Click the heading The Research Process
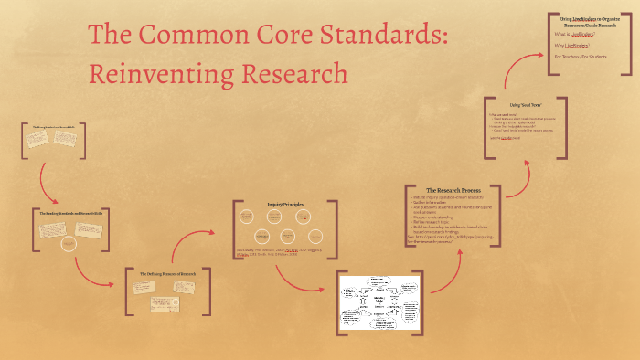[x=453, y=190]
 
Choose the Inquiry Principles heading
[x=284, y=205]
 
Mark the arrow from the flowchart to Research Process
[x=453, y=274]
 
